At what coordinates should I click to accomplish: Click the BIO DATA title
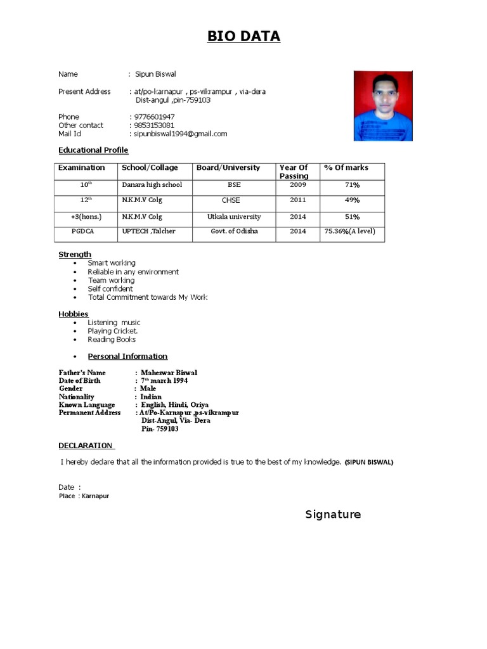click(243, 37)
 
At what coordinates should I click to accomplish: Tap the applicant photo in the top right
click(383, 106)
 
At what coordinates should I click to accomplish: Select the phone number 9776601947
click(154, 117)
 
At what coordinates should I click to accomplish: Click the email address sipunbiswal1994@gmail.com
click(180, 134)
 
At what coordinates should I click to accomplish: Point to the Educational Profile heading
click(93, 150)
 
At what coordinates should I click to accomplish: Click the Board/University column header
click(228, 168)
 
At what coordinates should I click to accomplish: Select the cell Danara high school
click(152, 185)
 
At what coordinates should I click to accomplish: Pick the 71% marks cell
click(352, 185)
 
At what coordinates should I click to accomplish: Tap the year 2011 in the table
click(297, 200)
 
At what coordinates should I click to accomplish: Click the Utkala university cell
click(234, 217)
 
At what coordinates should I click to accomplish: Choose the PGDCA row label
click(82, 231)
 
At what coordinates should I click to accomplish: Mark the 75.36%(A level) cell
click(350, 231)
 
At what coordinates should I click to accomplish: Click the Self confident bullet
click(110, 289)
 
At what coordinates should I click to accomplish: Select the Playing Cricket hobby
click(113, 331)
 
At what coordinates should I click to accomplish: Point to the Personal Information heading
click(127, 356)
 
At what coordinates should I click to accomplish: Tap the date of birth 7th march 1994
click(164, 381)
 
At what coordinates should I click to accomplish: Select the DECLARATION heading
click(86, 446)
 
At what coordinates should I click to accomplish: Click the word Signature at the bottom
click(333, 515)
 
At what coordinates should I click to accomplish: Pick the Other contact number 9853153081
click(154, 125)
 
